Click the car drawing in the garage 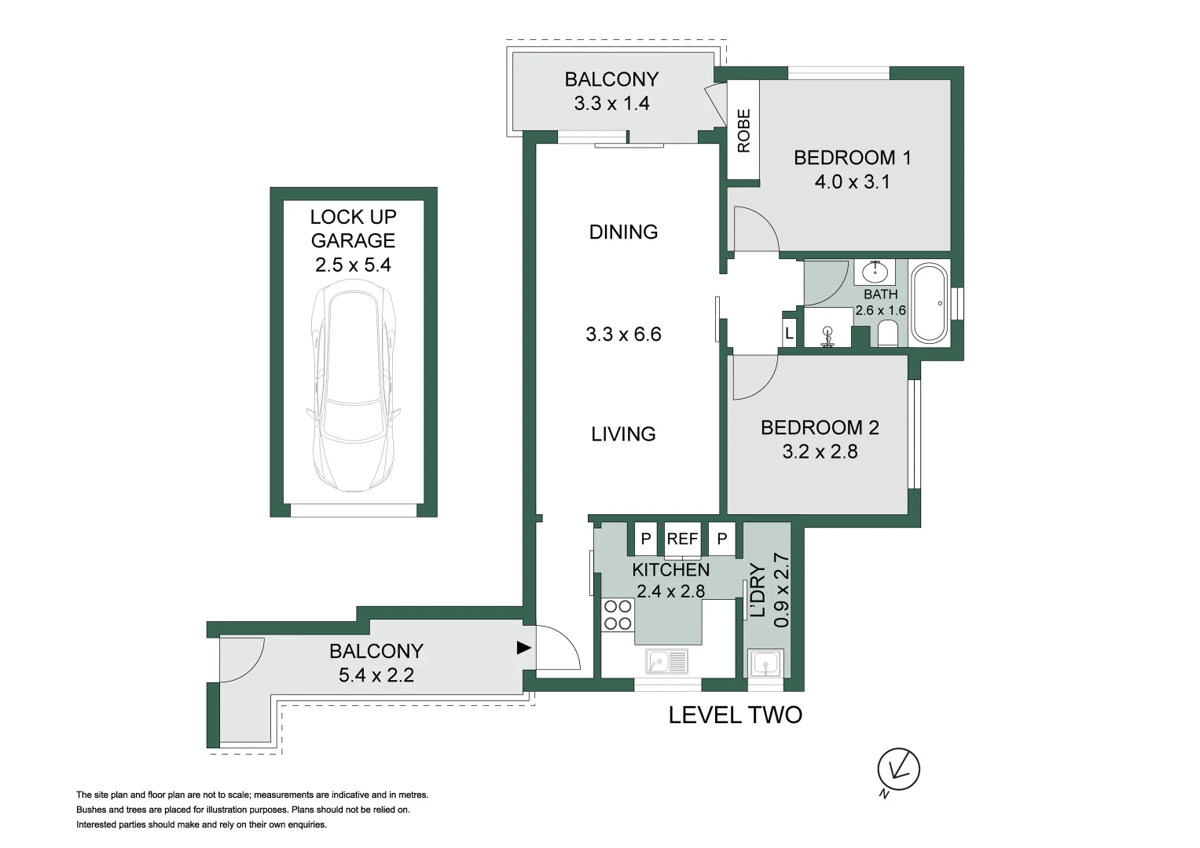tap(353, 389)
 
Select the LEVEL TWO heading tap(735, 715)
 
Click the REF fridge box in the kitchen tap(682, 539)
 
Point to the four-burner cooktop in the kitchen tap(618, 615)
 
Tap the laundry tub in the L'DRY tap(765, 663)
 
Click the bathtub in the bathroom tap(930, 303)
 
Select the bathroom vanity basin tap(875, 272)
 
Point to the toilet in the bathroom tap(888, 333)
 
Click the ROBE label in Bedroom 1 tap(743, 130)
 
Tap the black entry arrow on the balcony tap(523, 648)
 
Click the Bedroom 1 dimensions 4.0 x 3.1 tap(853, 182)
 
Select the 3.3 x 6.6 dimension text tap(623, 334)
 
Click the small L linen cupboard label tap(788, 334)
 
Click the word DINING tap(623, 232)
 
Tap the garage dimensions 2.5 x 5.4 tap(353, 265)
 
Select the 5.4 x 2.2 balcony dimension tap(376, 675)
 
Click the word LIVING tap(623, 434)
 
